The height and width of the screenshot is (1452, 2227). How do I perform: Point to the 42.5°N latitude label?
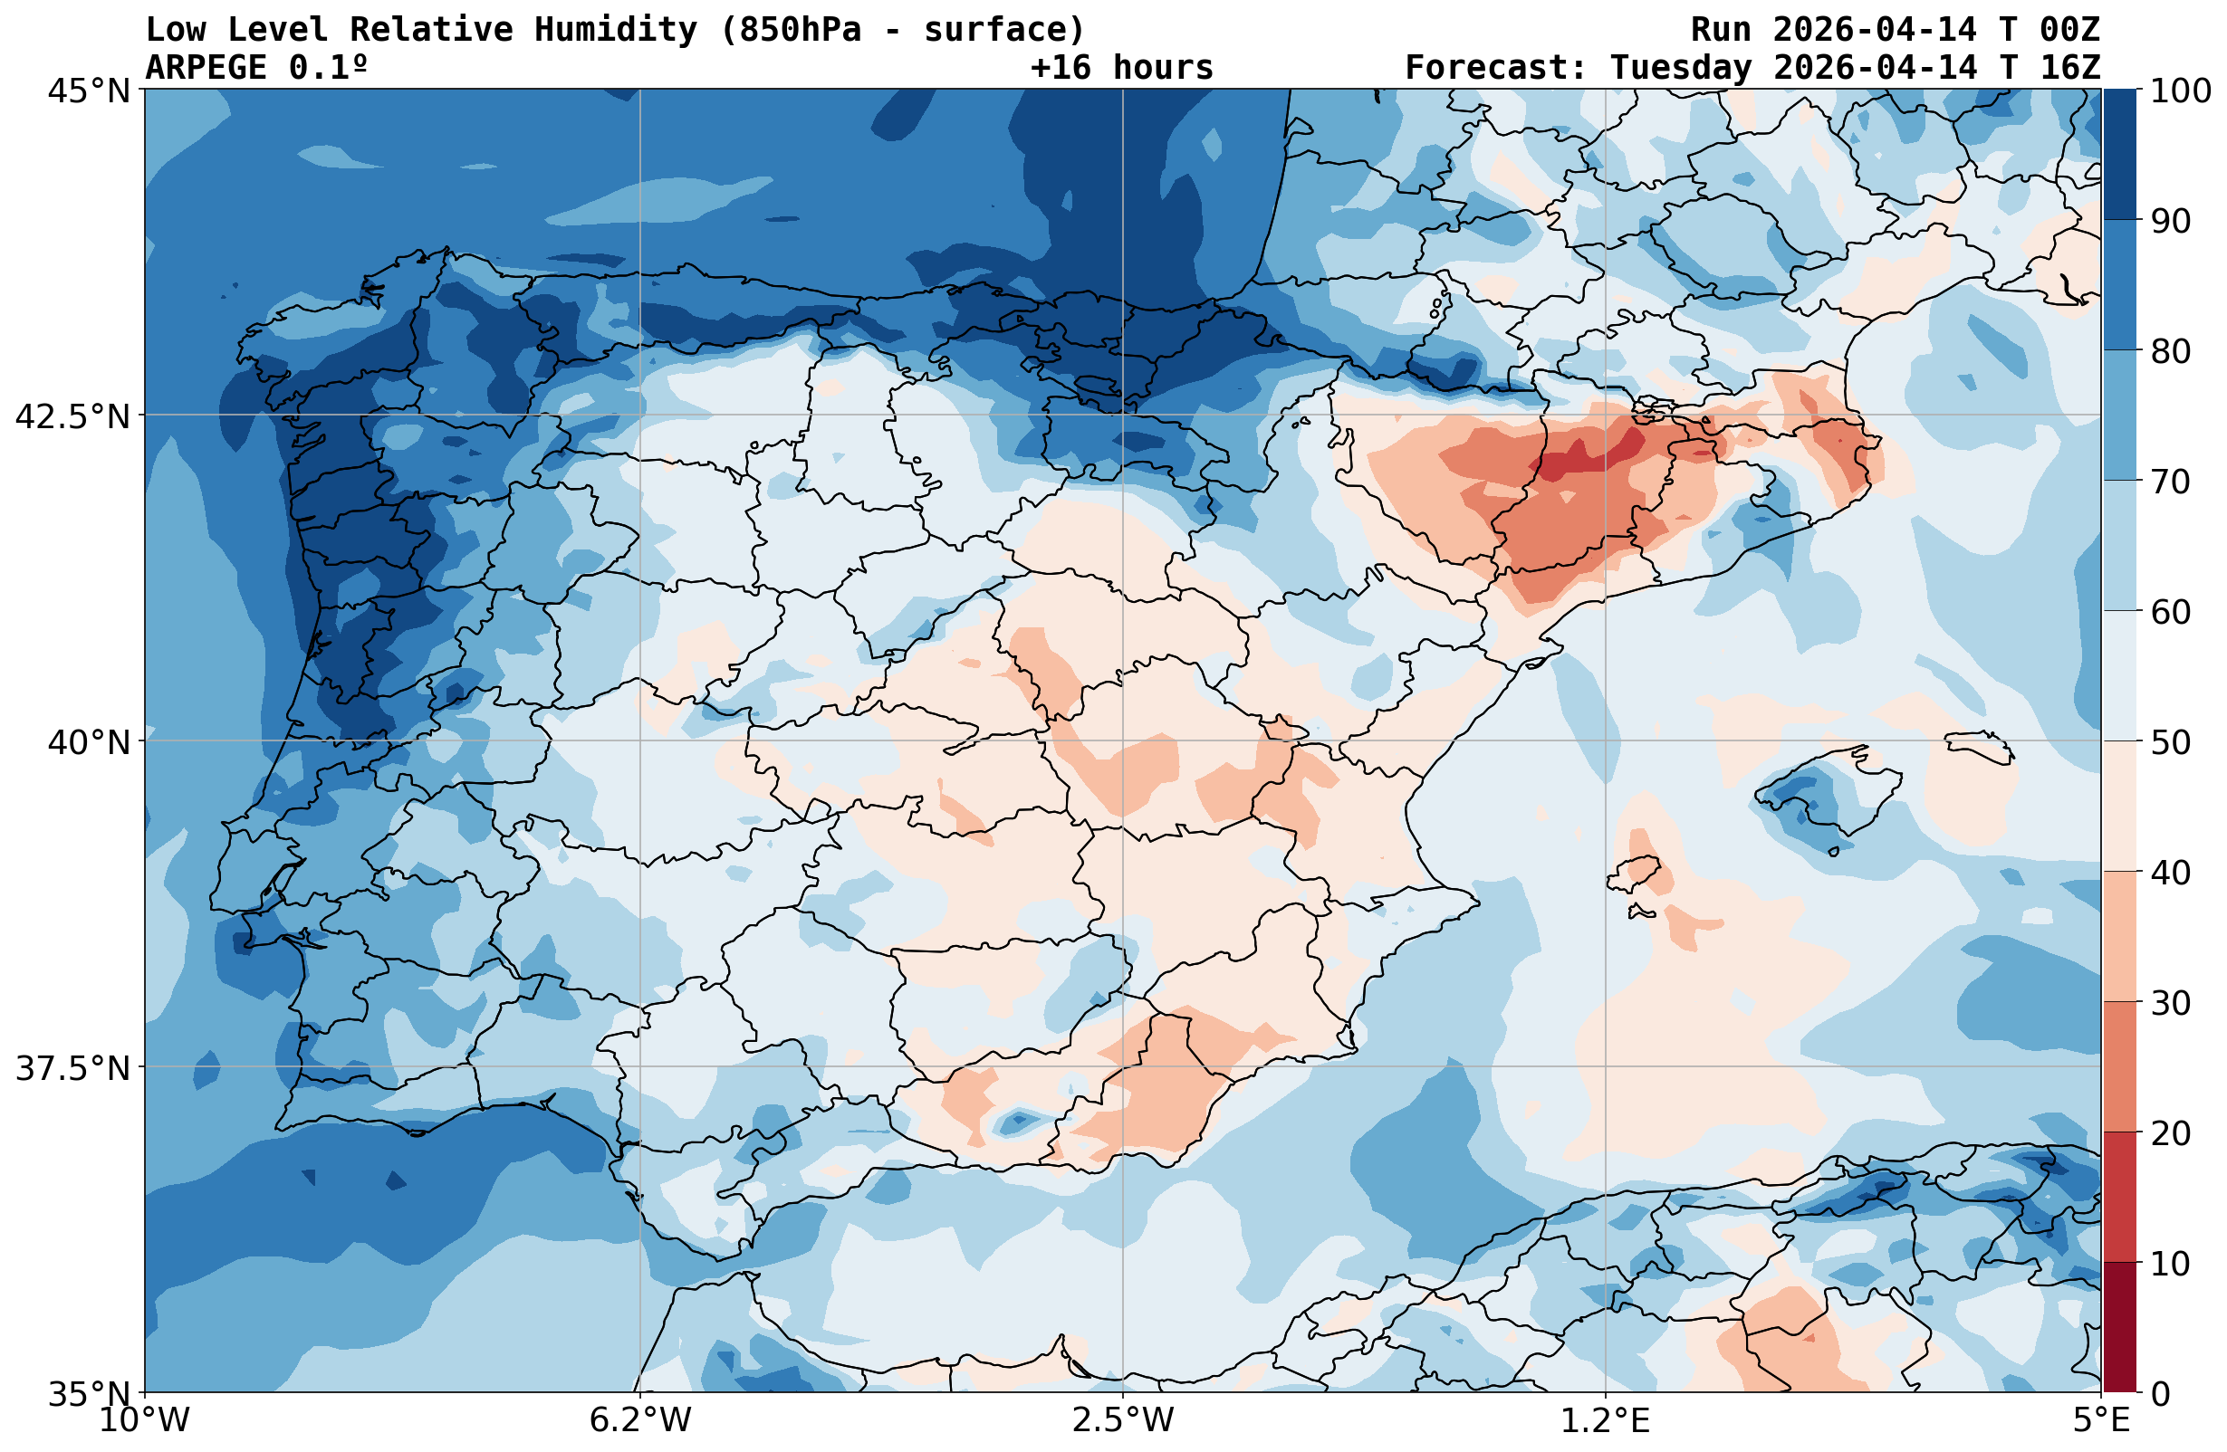tap(72, 416)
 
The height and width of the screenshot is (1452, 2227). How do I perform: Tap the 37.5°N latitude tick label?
tap(72, 1067)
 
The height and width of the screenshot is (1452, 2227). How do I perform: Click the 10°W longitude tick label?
tap(144, 1420)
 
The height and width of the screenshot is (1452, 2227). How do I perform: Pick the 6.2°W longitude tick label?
tap(640, 1420)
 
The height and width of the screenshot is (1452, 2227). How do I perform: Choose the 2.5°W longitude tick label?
tap(1123, 1420)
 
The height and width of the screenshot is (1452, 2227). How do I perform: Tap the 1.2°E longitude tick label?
tap(1606, 1420)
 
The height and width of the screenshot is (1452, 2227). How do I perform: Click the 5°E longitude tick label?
tap(2101, 1420)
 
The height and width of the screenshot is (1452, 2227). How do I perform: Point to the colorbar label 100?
tap(2180, 91)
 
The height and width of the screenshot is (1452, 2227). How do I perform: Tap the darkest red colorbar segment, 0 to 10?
tap(2119, 1328)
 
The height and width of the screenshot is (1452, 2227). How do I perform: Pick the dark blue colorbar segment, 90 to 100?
tap(2119, 155)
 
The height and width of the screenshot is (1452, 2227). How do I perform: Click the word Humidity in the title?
tap(616, 30)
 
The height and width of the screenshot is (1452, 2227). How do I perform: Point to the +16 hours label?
tap(1121, 67)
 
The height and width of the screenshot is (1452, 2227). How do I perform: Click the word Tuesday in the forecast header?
tap(1680, 67)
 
